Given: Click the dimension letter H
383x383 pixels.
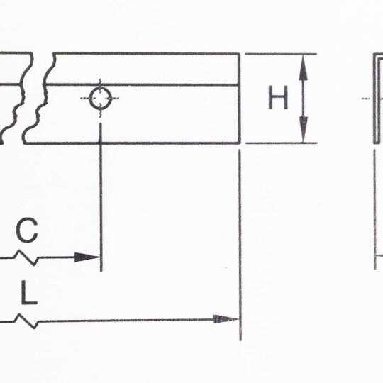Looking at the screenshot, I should [278, 99].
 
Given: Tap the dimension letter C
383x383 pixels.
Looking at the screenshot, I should [27, 230].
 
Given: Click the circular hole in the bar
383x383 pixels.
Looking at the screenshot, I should [101, 99].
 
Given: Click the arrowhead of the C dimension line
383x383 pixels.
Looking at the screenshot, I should [88, 257].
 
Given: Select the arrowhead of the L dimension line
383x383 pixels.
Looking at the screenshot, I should [228, 319].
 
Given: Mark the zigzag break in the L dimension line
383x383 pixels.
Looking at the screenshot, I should [28, 321].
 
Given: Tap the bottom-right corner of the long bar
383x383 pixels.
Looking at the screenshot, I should [239, 143].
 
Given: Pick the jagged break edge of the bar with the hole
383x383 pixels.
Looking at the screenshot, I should [37, 99].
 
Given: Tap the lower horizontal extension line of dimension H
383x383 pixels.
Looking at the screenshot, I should [280, 143].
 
